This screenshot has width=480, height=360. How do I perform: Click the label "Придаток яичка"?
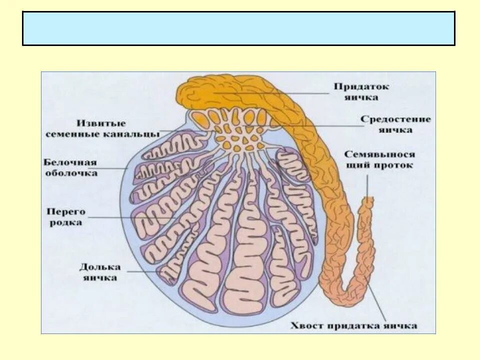pyautogui.click(x=361, y=92)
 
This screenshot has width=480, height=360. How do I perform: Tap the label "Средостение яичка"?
pyautogui.click(x=395, y=124)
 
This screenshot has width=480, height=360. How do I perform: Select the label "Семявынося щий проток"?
pyautogui.click(x=379, y=159)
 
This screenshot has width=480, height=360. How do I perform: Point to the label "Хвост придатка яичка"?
pyautogui.click(x=353, y=326)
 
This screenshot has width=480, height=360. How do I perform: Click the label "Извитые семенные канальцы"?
pyautogui.click(x=102, y=128)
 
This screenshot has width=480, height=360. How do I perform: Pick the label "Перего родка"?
pyautogui.click(x=66, y=217)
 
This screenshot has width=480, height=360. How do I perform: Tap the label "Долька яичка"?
pyautogui.click(x=99, y=272)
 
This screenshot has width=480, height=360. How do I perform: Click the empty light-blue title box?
pyautogui.click(x=238, y=28)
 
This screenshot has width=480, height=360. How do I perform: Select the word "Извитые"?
pyautogui.click(x=102, y=123)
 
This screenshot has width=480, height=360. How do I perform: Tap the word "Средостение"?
pyautogui.click(x=395, y=119)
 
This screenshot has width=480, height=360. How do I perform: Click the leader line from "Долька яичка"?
pyautogui.click(x=145, y=271)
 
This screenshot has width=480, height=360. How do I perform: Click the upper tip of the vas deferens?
pyautogui.click(x=368, y=200)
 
